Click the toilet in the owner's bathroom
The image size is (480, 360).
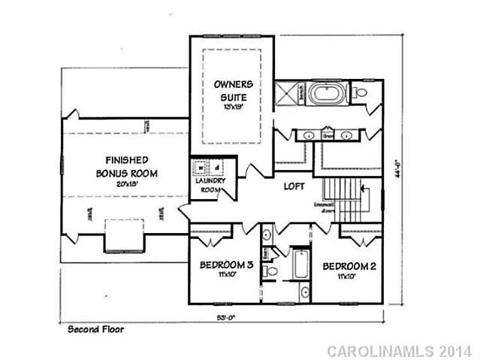click(x=359, y=94)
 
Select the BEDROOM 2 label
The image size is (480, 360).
click(x=348, y=265)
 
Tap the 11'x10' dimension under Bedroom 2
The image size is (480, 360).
click(x=346, y=277)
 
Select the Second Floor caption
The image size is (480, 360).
click(x=96, y=329)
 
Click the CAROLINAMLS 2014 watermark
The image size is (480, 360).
click(x=399, y=350)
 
